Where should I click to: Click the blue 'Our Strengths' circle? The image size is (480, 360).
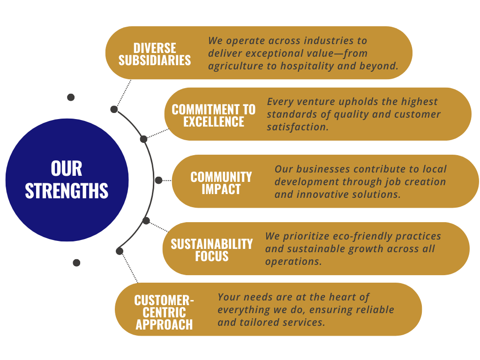[67, 180]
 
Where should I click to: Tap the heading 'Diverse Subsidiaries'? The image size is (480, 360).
[155, 54]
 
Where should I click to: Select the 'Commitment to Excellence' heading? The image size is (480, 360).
[213, 115]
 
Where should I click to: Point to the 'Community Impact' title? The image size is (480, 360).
[221, 183]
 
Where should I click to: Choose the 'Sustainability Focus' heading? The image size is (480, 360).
[212, 250]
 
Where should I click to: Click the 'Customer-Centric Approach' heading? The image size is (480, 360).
[164, 312]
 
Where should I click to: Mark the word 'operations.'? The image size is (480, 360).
[293, 262]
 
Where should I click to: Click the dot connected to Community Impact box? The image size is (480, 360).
[158, 180]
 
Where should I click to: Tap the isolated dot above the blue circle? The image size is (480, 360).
[71, 97]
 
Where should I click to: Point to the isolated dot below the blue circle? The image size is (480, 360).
[76, 262]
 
